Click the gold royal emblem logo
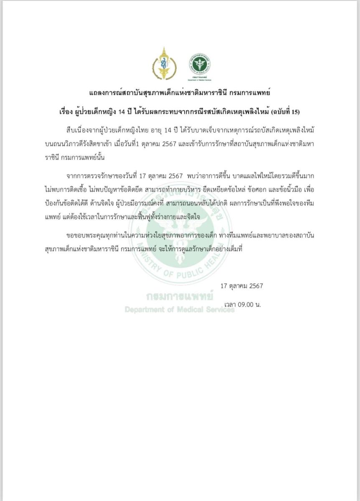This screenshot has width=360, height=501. pyautogui.click(x=164, y=63)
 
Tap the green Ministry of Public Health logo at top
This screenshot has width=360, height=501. pyautogui.click(x=200, y=64)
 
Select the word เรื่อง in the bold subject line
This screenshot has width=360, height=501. pyautogui.click(x=67, y=112)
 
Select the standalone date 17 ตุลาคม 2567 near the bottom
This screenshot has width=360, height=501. pyautogui.click(x=242, y=286)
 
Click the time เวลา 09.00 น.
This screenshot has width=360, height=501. pyautogui.click(x=242, y=305)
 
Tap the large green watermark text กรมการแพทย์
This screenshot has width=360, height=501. pyautogui.click(x=180, y=297)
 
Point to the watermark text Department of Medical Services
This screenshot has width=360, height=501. pyautogui.click(x=180, y=310)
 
